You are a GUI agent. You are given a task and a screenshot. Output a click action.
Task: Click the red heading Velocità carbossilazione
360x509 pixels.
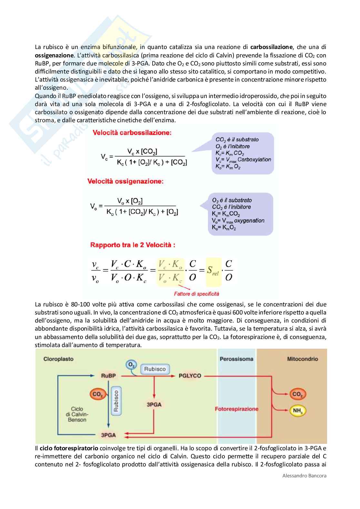[132, 133]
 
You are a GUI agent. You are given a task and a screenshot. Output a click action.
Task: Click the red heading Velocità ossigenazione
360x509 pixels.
[125, 181]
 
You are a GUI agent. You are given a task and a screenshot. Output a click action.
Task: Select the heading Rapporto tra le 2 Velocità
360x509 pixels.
[133, 245]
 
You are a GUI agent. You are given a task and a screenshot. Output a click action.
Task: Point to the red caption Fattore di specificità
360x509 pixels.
[196, 294]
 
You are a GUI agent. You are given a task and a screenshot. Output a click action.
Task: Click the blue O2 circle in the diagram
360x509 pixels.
[131, 365]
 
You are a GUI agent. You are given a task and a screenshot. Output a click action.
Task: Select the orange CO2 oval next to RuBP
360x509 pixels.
[97, 394]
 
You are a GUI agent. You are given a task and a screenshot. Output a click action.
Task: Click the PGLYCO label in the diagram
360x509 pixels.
[190, 376]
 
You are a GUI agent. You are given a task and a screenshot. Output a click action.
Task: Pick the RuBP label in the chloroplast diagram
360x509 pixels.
[108, 376]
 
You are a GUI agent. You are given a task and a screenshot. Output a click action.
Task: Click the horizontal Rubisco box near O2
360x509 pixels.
[155, 369]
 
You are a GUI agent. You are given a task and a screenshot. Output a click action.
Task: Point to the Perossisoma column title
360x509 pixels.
[236, 359]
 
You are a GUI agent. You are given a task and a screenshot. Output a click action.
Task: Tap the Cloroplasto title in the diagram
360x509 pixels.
[58, 359]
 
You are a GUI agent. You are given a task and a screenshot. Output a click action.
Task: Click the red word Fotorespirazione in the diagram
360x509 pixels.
[236, 409]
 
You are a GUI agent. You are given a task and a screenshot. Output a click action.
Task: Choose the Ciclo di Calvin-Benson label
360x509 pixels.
[77, 414]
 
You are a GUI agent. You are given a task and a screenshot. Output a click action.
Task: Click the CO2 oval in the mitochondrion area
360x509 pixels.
[297, 394]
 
